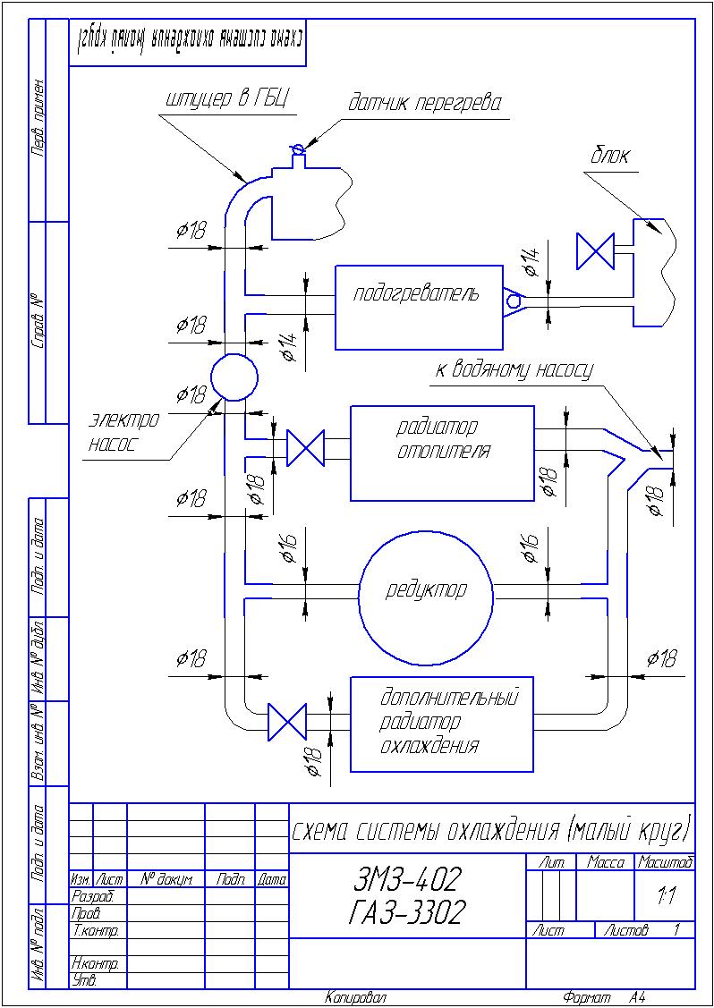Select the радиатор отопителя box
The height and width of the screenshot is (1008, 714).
pos(442,453)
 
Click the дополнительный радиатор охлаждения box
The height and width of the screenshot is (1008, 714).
pos(442,724)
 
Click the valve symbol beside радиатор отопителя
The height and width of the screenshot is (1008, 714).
pos(305,447)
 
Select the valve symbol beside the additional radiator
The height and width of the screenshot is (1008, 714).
pos(287,721)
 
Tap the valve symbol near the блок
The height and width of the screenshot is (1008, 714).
pos(595,250)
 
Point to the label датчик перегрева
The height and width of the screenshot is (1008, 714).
pos(424,103)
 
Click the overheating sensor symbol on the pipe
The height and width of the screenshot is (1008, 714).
pos(297,148)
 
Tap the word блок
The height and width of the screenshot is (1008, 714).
pos(609,156)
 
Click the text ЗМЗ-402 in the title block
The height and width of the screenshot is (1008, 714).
pos(407,881)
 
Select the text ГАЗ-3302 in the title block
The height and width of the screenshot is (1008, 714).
pos(407,913)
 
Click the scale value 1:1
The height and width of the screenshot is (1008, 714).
pos(665,895)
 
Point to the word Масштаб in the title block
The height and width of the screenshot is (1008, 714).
pos(665,862)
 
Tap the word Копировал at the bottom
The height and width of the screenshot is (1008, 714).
pos(355,997)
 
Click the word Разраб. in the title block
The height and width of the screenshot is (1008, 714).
pos(91,895)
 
